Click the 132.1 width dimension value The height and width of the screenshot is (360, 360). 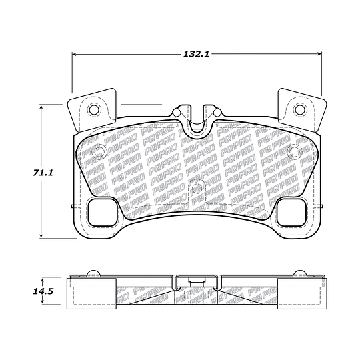(x=196, y=54)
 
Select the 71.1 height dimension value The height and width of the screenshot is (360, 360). (x=43, y=173)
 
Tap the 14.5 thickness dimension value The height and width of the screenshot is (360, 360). (x=43, y=291)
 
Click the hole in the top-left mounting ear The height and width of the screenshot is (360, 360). (x=94, y=110)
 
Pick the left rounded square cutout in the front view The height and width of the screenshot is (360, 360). (x=103, y=212)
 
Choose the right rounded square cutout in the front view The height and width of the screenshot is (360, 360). (x=292, y=212)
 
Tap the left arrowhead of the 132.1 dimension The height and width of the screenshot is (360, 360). (x=74, y=54)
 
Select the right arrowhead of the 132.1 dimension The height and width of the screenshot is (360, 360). (x=319, y=54)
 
